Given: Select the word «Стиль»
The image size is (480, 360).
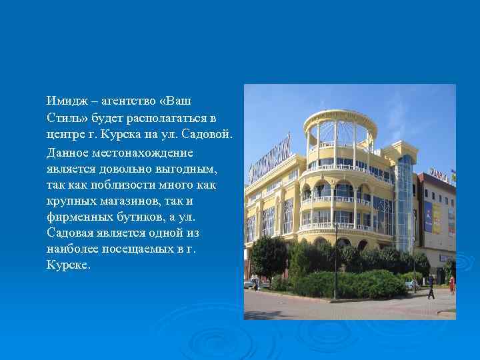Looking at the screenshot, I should [63, 117].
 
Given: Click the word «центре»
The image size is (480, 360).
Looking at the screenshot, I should [65, 134].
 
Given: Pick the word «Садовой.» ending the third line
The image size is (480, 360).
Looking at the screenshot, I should [210, 134].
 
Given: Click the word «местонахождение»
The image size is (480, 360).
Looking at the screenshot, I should [129, 151].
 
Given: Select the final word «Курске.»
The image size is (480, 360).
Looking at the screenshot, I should [67, 265].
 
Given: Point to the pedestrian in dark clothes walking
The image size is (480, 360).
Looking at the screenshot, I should [431, 288].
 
